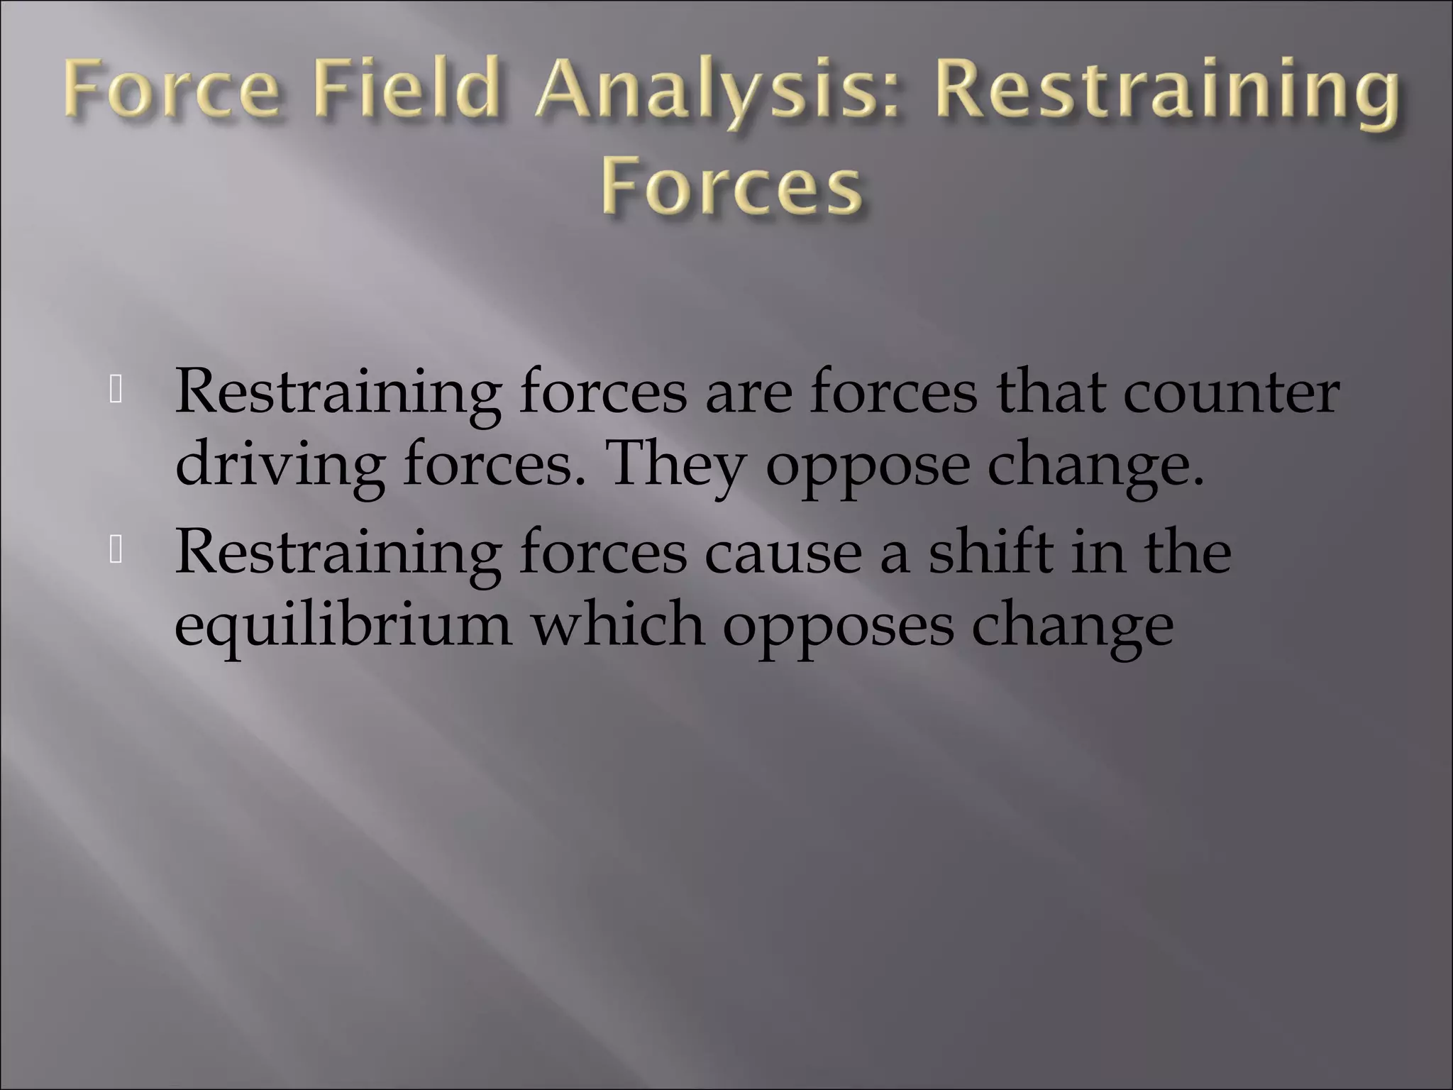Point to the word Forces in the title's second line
[732, 189]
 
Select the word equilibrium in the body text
[343, 626]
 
